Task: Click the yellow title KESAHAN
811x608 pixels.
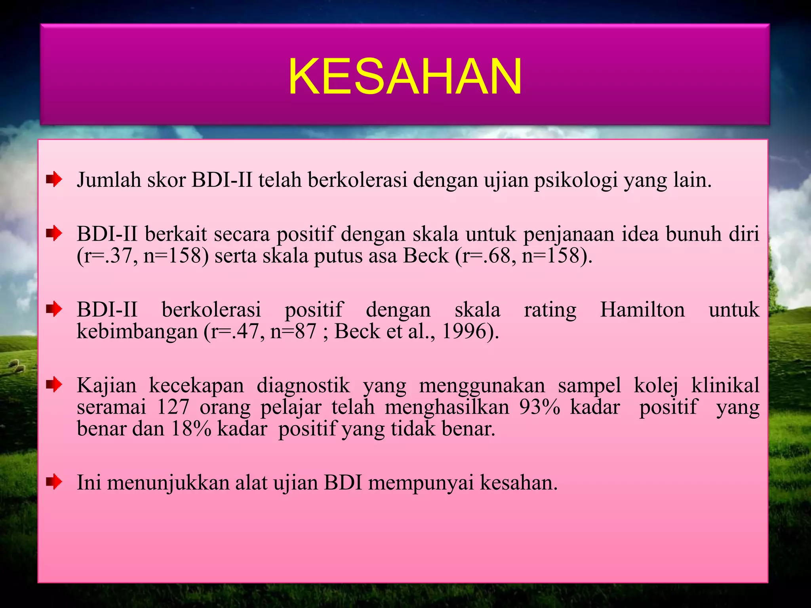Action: (x=405, y=76)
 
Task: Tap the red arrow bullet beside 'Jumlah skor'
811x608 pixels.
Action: (x=54, y=180)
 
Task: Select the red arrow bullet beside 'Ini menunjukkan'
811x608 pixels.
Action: (x=54, y=482)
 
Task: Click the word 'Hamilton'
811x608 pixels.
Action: (x=642, y=310)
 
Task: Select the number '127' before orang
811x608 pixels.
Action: (x=173, y=407)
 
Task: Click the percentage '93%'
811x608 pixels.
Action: (x=540, y=407)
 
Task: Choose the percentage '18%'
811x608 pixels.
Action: (x=191, y=428)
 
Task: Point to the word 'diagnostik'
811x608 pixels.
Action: (x=303, y=385)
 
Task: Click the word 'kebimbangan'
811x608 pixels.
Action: (x=137, y=331)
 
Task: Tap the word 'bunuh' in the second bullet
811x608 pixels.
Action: (x=693, y=234)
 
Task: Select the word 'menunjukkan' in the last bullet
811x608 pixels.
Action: (x=168, y=483)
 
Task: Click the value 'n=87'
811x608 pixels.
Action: (x=293, y=331)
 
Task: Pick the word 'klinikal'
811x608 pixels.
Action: (x=725, y=385)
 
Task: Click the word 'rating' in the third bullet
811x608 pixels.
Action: (x=550, y=310)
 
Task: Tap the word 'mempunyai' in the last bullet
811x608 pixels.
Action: (x=421, y=483)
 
